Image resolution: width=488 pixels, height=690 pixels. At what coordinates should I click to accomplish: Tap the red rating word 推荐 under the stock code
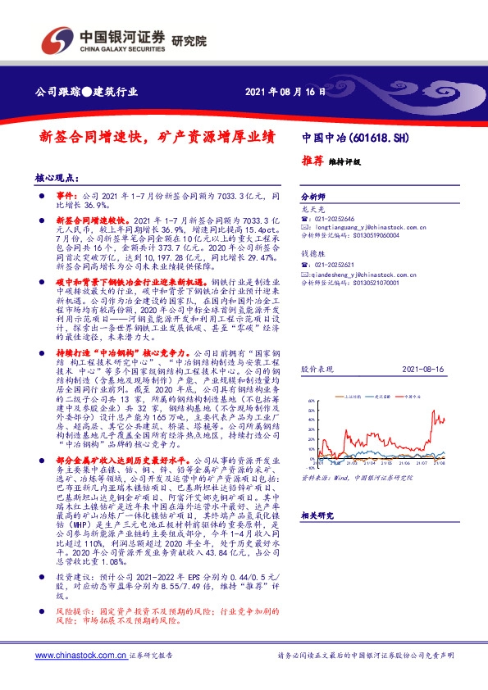[x=312, y=161]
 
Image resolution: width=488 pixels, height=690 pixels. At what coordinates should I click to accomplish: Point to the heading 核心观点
[x=56, y=177]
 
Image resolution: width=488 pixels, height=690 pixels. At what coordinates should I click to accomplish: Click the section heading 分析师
[x=314, y=197]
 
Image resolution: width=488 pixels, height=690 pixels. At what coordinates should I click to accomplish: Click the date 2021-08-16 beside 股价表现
[x=423, y=370]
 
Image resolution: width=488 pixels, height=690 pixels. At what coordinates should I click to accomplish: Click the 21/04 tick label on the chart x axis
[x=403, y=461]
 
